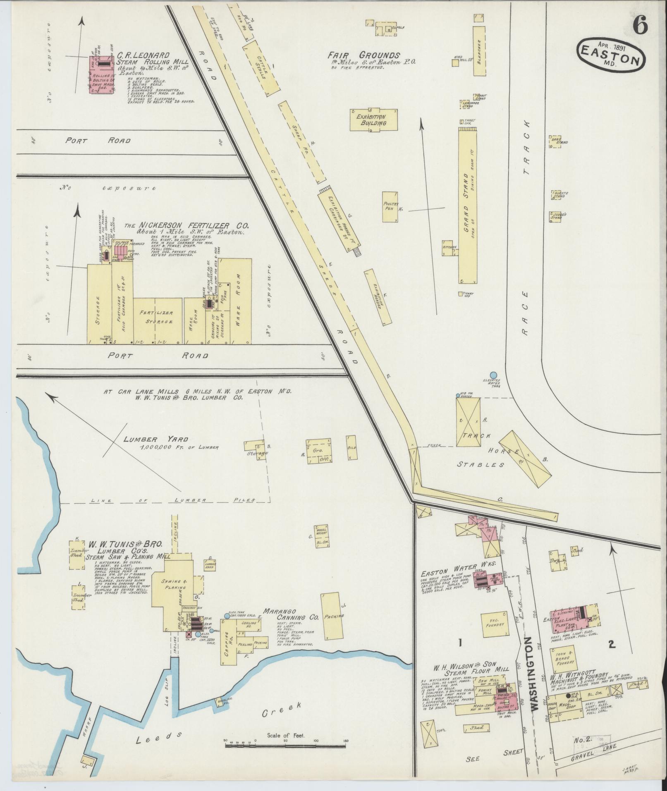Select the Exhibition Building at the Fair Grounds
pos(373,120)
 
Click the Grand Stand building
pos(468,205)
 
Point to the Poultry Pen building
pos(390,206)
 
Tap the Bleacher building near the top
pos(479,51)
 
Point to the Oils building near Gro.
pos(351,447)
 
